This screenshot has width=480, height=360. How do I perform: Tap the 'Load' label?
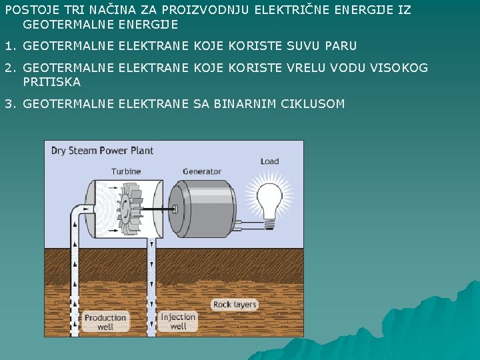click(x=269, y=161)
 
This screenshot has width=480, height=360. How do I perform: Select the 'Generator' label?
click(x=201, y=171)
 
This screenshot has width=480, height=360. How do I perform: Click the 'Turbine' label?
click(x=126, y=171)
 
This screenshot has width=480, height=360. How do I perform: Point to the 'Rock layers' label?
click(x=235, y=305)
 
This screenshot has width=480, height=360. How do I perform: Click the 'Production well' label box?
click(x=105, y=322)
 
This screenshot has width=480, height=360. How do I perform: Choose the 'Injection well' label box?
click(x=178, y=321)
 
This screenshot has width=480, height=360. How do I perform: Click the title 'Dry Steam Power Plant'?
click(x=102, y=151)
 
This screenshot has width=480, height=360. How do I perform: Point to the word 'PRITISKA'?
click(x=51, y=82)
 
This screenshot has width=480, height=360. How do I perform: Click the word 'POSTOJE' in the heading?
click(x=27, y=10)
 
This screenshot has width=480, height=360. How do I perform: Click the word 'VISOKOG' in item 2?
click(x=401, y=68)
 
